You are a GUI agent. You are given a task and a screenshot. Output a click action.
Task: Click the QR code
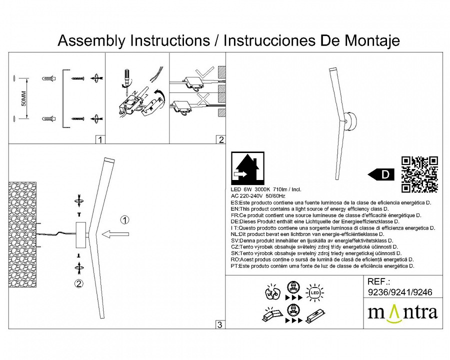tap(419, 174)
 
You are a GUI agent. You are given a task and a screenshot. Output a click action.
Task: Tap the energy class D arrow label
tap(381, 174)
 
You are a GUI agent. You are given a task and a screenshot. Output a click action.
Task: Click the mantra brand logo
tap(402, 312)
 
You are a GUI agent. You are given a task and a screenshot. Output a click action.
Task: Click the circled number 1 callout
tap(125, 220)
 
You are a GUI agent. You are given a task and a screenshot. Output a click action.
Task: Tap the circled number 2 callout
tap(78, 284)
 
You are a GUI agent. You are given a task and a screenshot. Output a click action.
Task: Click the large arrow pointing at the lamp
tap(115, 233)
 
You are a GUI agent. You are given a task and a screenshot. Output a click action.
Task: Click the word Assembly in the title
tap(93, 40)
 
